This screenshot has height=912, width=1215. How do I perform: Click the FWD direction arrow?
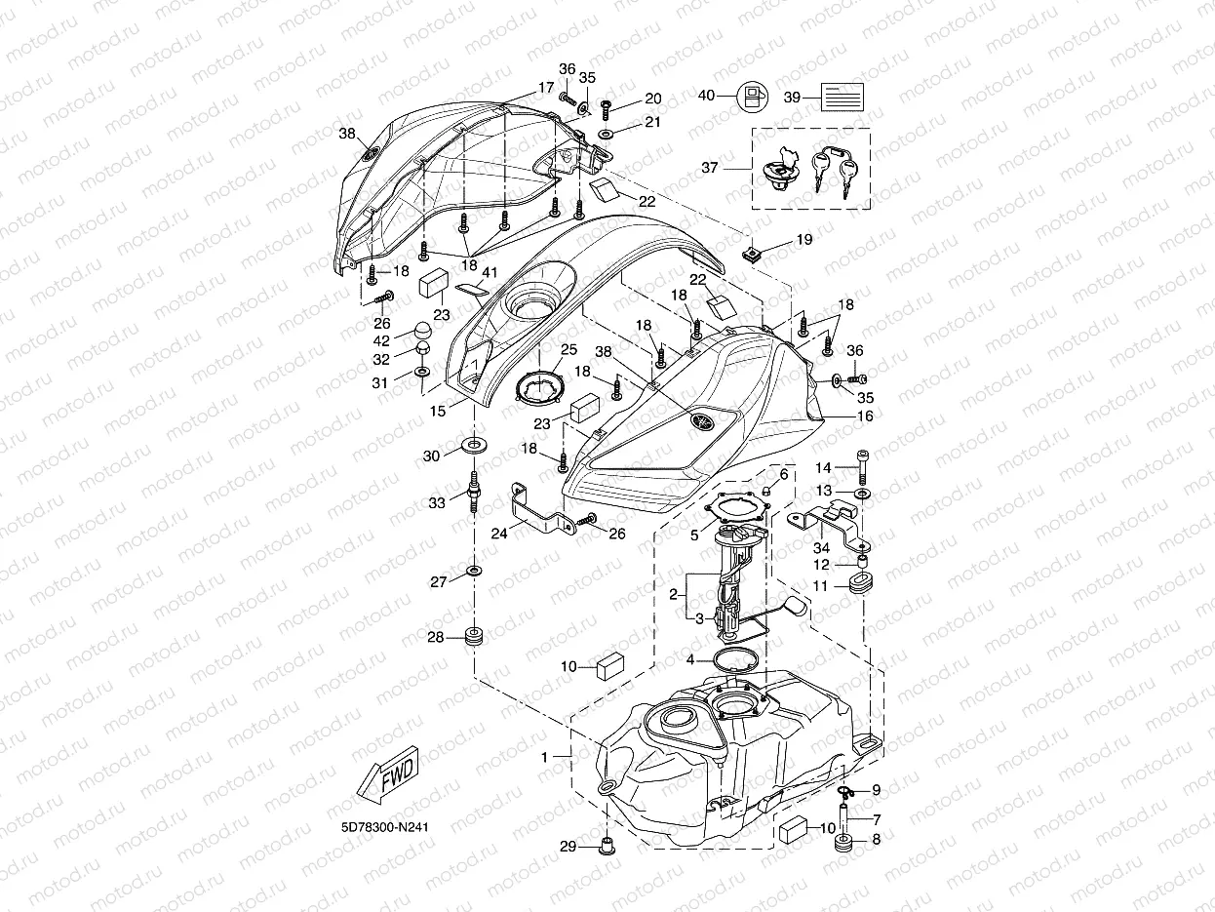coord(387,779)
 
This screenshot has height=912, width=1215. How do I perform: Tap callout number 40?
coord(707,96)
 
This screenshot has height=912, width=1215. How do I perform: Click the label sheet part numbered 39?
coord(842,98)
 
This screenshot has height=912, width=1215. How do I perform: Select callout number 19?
coord(803,238)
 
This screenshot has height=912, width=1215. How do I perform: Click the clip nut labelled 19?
coord(751,257)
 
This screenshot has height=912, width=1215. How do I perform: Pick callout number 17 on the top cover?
coord(546,88)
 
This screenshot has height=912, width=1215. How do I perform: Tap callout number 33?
coord(437,502)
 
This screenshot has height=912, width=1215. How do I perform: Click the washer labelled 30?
coord(475,447)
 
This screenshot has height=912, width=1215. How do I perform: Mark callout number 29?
coord(568,846)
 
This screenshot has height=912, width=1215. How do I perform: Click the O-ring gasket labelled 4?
coord(738,660)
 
